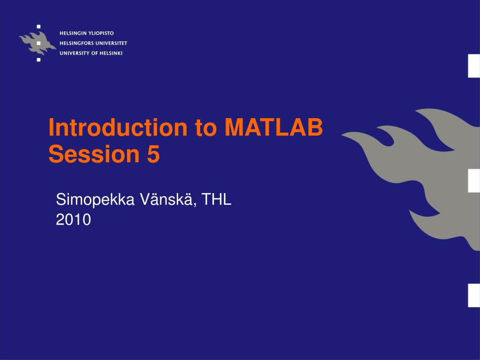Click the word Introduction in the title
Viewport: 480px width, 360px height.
pos(118,127)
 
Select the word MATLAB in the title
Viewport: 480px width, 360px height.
pos(274,127)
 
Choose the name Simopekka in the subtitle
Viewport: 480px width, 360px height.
pos(95,200)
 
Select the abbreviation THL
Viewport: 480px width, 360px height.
pos(216,199)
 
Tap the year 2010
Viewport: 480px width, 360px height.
pos(74,219)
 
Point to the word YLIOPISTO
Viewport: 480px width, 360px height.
pos(101,33)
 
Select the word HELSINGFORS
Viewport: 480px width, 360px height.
pos(76,43)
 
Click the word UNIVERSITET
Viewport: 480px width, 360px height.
pos(111,43)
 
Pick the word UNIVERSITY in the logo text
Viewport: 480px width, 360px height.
pos(75,53)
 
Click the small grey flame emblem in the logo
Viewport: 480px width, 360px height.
pos(37,43)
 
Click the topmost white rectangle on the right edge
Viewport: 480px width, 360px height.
pos(474,66)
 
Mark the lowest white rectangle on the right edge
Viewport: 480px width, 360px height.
pos(474,295)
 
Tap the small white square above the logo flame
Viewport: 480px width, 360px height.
pos(38,27)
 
